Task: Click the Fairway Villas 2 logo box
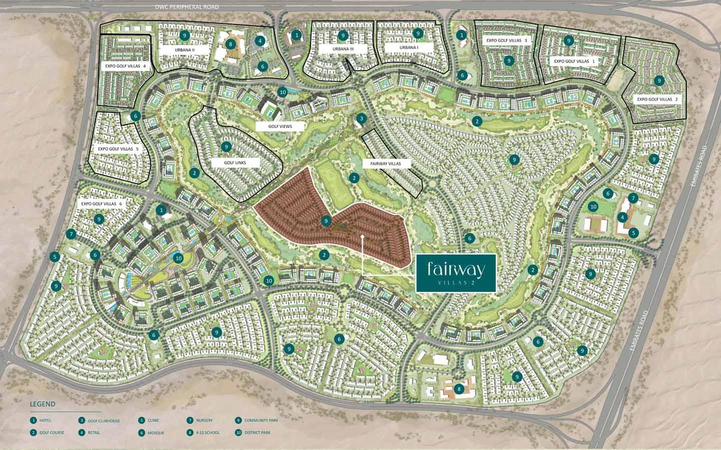pyautogui.click(x=456, y=272)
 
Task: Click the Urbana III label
pyautogui.click(x=343, y=49)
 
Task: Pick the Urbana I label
pyautogui.click(x=409, y=47)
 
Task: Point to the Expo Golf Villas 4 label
pyautogui.click(x=126, y=65)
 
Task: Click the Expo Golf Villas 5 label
pyautogui.click(x=118, y=149)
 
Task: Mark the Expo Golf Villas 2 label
pyautogui.click(x=657, y=99)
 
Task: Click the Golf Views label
pyautogui.click(x=280, y=127)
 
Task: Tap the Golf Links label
pyautogui.click(x=228, y=163)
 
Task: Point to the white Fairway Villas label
pyautogui.click(x=386, y=163)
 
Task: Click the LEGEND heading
pyautogui.click(x=43, y=404)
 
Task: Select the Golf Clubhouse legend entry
pyautogui.click(x=103, y=421)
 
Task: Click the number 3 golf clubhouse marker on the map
pyautogui.click(x=361, y=118)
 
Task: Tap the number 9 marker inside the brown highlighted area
pyautogui.click(x=326, y=220)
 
